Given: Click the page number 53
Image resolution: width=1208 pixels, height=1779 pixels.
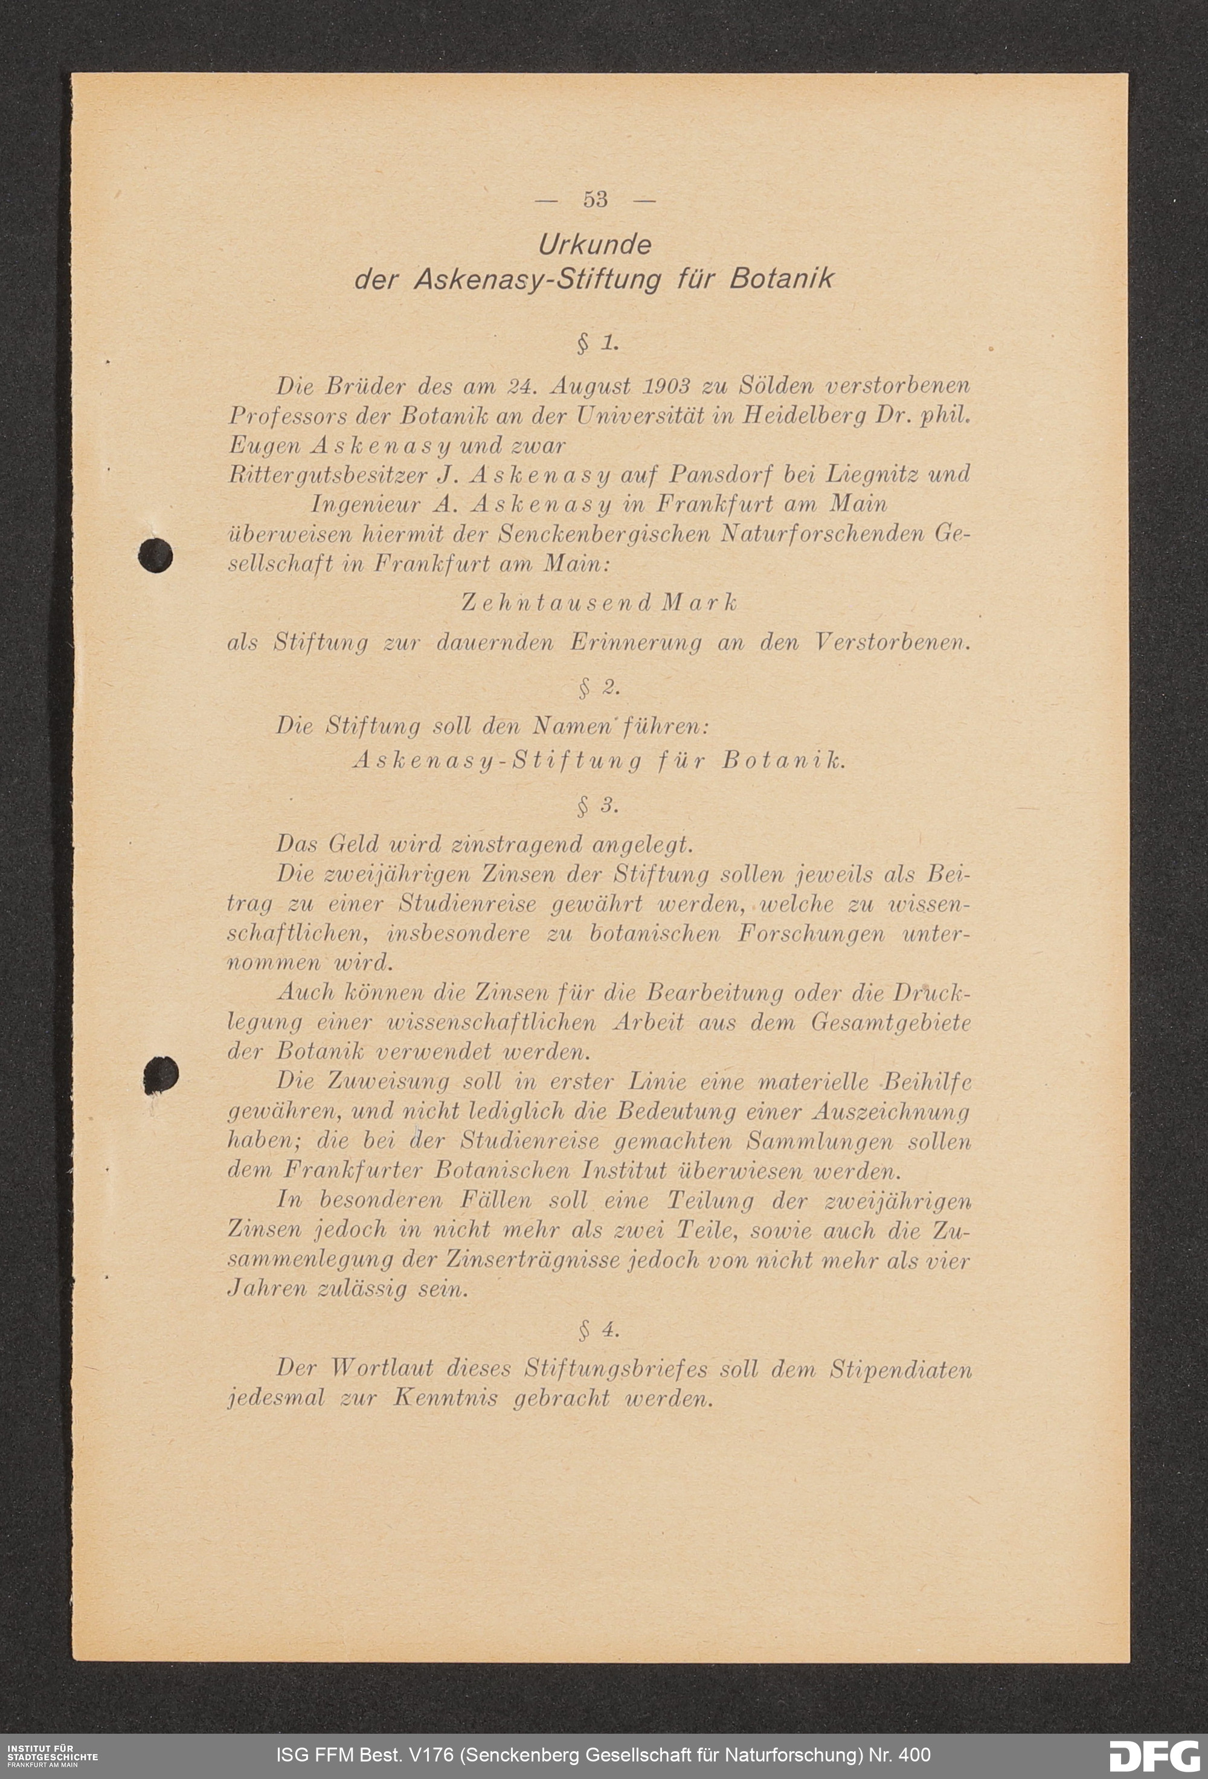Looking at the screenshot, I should pos(595,199).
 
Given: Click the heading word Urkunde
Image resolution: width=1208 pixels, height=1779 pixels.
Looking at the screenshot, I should pos(595,245).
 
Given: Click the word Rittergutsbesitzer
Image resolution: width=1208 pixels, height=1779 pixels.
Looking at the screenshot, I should pos(327,475).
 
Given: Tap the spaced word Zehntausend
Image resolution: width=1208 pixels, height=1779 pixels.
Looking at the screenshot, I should pos(555,603).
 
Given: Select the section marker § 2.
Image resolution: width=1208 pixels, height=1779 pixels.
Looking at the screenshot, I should pos(599,688).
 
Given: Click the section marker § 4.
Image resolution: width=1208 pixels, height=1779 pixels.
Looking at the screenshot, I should pos(599,1330).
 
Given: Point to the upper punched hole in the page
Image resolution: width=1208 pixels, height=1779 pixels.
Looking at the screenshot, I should pos(155,555).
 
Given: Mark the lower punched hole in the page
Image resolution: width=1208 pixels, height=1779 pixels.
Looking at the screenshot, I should pos(161,1074).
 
